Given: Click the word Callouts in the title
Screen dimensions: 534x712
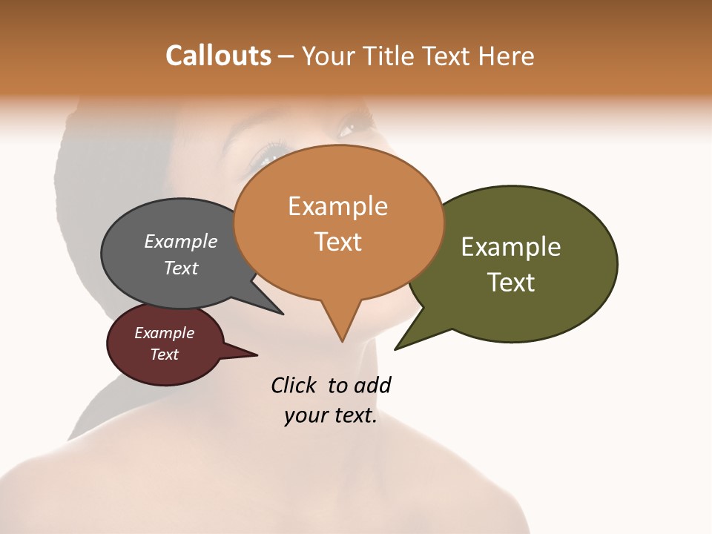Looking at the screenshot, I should click(218, 56).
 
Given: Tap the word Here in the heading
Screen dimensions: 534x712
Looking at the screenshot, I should click(506, 56).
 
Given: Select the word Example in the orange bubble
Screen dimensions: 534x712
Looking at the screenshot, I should click(337, 206).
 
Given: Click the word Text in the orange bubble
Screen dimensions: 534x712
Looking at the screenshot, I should click(337, 242).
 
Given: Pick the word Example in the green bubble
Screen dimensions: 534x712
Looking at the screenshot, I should click(510, 247).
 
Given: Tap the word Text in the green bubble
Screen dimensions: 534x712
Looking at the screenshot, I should click(510, 283).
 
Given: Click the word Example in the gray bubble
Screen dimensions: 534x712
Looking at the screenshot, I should click(180, 242).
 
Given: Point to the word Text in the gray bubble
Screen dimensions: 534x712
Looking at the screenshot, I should click(180, 268).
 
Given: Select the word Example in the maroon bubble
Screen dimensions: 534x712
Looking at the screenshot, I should click(164, 333).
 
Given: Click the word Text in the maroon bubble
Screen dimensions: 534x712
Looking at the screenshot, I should click(164, 355).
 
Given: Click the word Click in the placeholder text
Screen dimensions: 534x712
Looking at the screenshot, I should click(293, 385).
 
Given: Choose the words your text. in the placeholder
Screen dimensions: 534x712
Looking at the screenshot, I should click(330, 415).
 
